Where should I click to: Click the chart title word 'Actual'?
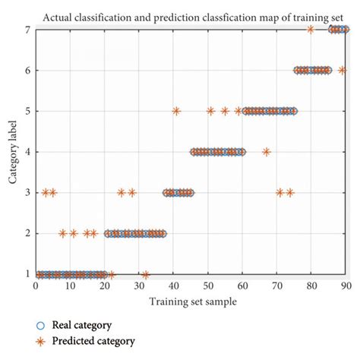(x=78, y=15)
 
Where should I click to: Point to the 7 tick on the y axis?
(x=28, y=30)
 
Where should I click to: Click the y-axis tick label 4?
(x=28, y=152)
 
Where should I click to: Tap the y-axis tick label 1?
(x=28, y=274)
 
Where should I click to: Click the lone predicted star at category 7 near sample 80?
(x=311, y=30)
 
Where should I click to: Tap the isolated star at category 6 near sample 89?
(x=342, y=71)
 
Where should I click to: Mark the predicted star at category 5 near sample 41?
(x=176, y=111)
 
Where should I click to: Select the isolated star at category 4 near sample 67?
(x=266, y=152)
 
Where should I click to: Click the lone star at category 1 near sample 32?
(x=146, y=274)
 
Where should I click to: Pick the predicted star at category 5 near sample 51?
(x=211, y=111)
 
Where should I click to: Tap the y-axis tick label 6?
(x=28, y=71)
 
